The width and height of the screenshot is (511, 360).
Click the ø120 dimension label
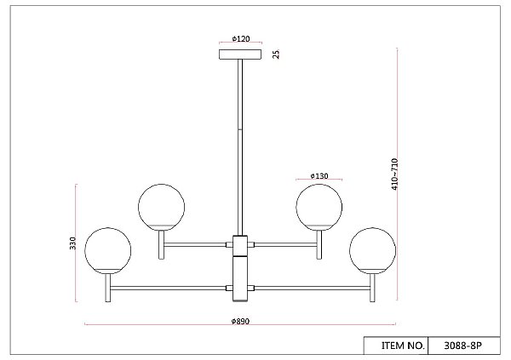click(241, 39)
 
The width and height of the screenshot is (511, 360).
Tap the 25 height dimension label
click(276, 54)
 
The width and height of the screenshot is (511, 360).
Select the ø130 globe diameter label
click(319, 176)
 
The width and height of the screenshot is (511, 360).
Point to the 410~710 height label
click(394, 174)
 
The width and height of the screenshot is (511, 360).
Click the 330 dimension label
click(72, 243)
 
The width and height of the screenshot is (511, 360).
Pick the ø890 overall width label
click(240, 321)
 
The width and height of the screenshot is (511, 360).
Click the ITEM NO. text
click(403, 346)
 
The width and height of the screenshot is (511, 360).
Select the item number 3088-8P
click(462, 346)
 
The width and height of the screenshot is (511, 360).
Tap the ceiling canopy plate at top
click(240, 54)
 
